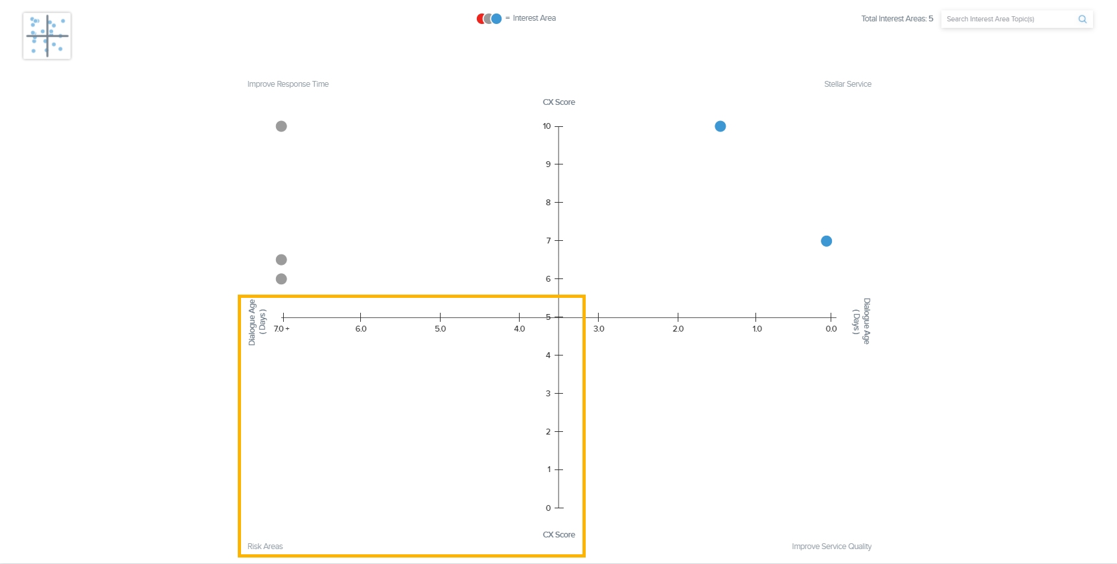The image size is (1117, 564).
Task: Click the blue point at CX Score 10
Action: click(720, 126)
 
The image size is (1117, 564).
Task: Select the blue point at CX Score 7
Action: click(826, 241)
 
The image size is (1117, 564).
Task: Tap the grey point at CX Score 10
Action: click(281, 126)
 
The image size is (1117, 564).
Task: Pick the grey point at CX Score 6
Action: click(281, 279)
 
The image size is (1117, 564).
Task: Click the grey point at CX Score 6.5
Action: click(281, 260)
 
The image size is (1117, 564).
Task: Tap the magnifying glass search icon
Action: click(1082, 19)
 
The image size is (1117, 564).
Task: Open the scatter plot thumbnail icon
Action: click(47, 36)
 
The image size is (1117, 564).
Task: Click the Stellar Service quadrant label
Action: click(847, 84)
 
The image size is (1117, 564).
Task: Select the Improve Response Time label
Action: click(288, 84)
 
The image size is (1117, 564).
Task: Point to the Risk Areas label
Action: click(265, 547)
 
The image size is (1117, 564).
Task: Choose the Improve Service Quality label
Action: click(831, 547)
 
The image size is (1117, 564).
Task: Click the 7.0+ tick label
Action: click(282, 329)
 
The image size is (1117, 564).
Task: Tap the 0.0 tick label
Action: click(831, 329)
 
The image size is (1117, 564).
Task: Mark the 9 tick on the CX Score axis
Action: click(548, 164)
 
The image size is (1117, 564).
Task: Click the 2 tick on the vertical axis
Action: click(548, 432)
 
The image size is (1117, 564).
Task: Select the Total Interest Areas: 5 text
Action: click(897, 19)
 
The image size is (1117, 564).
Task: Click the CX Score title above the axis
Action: click(558, 102)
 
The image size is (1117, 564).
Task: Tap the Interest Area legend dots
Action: click(489, 19)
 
